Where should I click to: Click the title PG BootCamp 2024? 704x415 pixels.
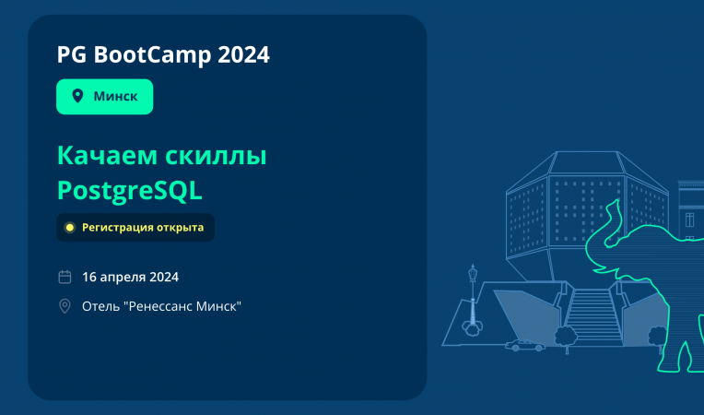click(163, 55)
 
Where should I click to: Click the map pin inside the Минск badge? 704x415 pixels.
click(77, 97)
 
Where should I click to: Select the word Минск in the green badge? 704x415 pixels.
click(116, 97)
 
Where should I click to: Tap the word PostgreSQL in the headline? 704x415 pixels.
click(129, 190)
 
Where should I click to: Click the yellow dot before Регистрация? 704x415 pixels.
click(69, 227)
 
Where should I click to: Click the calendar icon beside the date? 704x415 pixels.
click(65, 277)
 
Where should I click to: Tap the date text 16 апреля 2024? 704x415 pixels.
click(130, 277)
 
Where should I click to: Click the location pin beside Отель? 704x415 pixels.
click(65, 306)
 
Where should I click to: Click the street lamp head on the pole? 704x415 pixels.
click(473, 272)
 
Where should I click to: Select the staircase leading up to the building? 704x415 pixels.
click(589, 314)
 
